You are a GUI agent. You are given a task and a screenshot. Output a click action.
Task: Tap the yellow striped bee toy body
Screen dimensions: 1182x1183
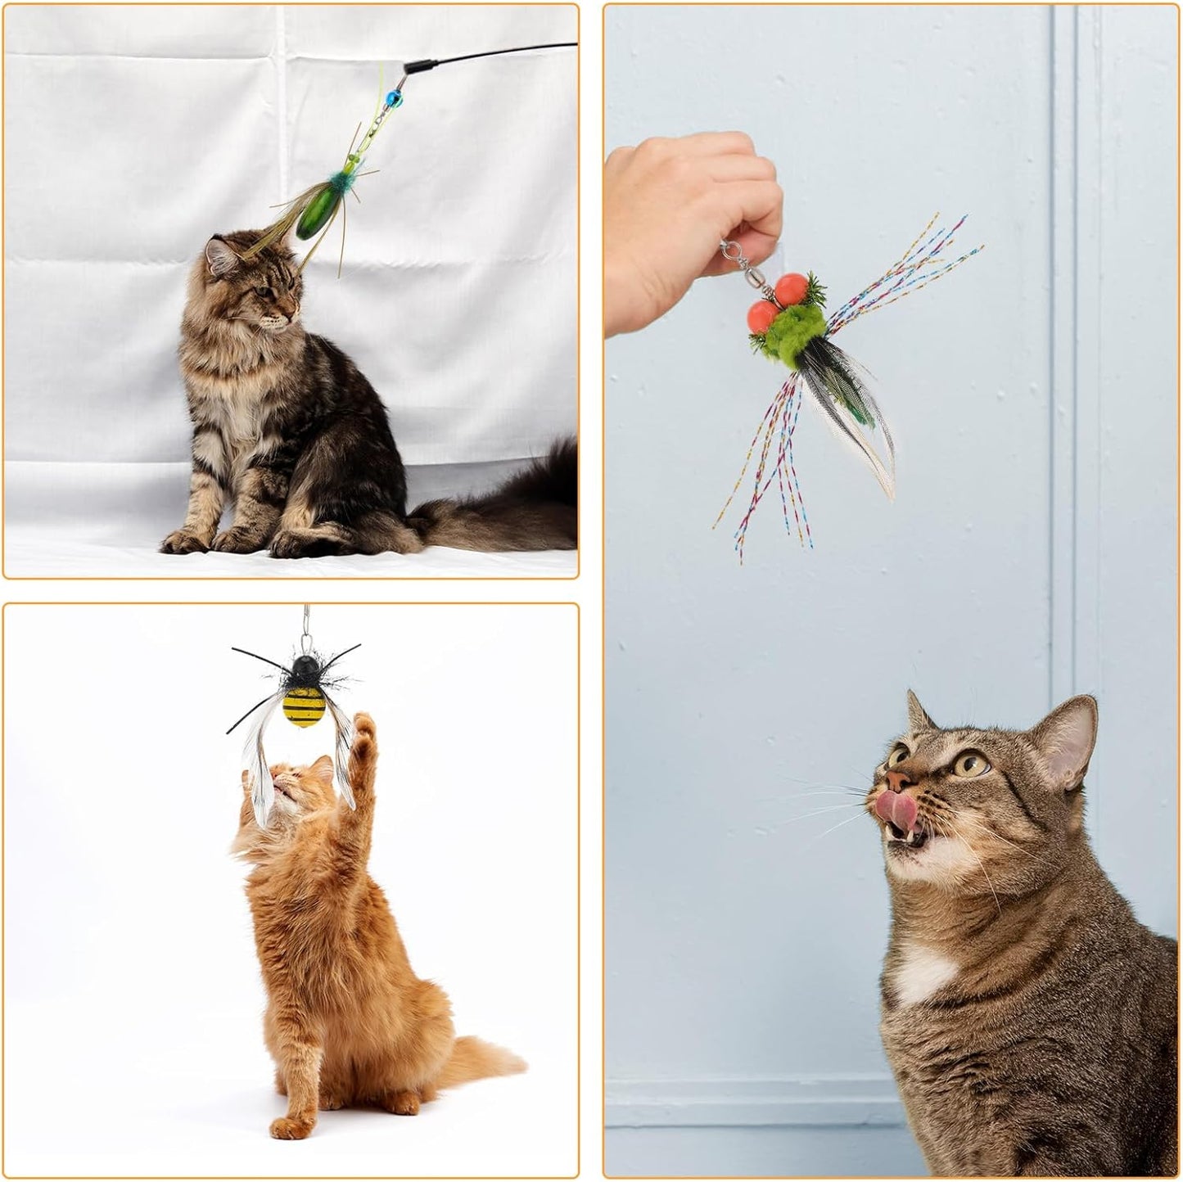coord(304,706)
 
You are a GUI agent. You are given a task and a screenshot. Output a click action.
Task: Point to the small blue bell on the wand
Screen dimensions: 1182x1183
coord(391,97)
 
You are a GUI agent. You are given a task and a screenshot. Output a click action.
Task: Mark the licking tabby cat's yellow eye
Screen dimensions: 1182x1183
coord(972,765)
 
